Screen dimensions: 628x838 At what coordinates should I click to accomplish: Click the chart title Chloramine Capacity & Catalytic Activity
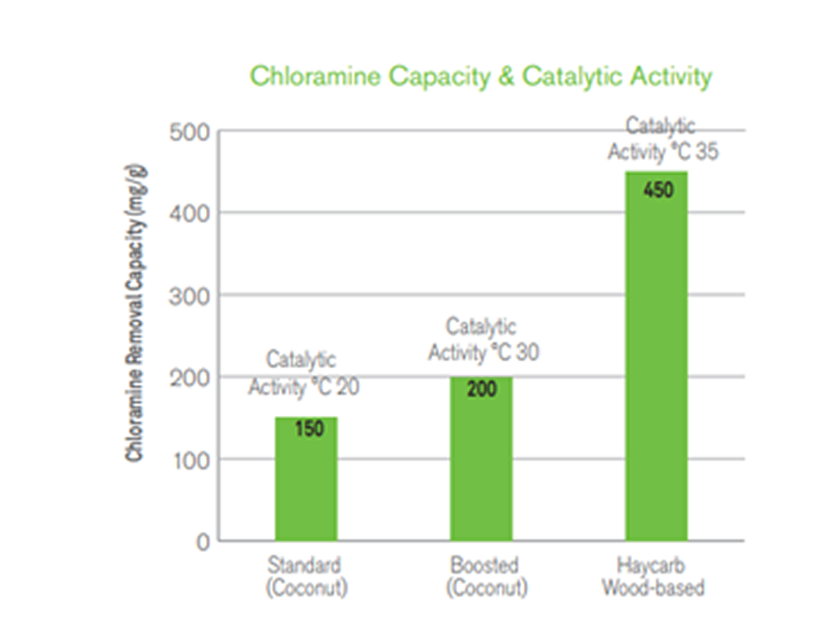click(x=481, y=76)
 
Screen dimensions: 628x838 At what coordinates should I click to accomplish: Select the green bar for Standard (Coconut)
click(x=306, y=485)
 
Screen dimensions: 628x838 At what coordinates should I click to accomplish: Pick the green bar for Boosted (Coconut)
click(x=481, y=466)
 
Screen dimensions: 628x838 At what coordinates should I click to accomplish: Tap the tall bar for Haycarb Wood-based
click(x=656, y=367)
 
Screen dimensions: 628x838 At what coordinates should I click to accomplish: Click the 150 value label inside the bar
click(x=309, y=429)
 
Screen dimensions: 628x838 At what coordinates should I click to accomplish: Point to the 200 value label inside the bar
click(x=481, y=389)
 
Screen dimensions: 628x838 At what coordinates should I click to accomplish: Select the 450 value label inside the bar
click(x=658, y=190)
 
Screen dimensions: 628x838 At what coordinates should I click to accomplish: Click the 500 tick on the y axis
click(x=190, y=132)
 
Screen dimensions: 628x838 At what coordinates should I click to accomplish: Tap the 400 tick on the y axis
click(x=190, y=214)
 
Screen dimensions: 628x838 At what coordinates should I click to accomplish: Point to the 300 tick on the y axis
click(x=190, y=297)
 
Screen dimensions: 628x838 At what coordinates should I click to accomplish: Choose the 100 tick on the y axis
click(x=191, y=461)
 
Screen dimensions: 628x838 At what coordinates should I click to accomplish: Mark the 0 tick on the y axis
click(x=203, y=543)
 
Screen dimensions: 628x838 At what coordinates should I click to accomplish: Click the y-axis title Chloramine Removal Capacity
click(x=135, y=313)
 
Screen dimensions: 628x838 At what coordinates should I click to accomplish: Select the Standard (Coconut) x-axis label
click(x=307, y=576)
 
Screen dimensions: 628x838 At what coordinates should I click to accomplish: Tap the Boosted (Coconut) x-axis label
click(x=486, y=576)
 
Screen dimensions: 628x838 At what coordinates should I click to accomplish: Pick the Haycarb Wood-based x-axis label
click(x=653, y=576)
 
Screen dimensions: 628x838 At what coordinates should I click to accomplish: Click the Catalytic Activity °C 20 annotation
click(x=303, y=373)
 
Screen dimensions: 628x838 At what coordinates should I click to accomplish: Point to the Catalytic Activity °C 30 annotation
click(x=483, y=340)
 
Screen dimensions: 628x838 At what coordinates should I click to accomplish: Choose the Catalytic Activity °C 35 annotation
click(x=662, y=139)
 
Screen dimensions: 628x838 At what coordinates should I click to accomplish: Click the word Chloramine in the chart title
click(x=315, y=76)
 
